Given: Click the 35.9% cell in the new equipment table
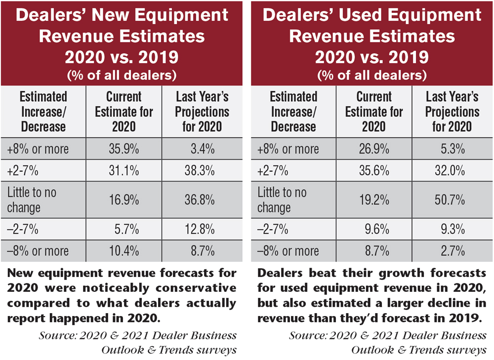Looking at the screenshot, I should [123, 149].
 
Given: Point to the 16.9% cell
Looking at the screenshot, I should [123, 200].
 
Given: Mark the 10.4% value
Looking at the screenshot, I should [123, 251].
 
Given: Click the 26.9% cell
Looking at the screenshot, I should [374, 149].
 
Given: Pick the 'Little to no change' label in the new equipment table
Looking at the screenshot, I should [32, 200].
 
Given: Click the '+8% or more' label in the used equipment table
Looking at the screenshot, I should [288, 149].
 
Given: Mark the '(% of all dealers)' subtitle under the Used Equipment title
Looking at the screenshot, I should [371, 76].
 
